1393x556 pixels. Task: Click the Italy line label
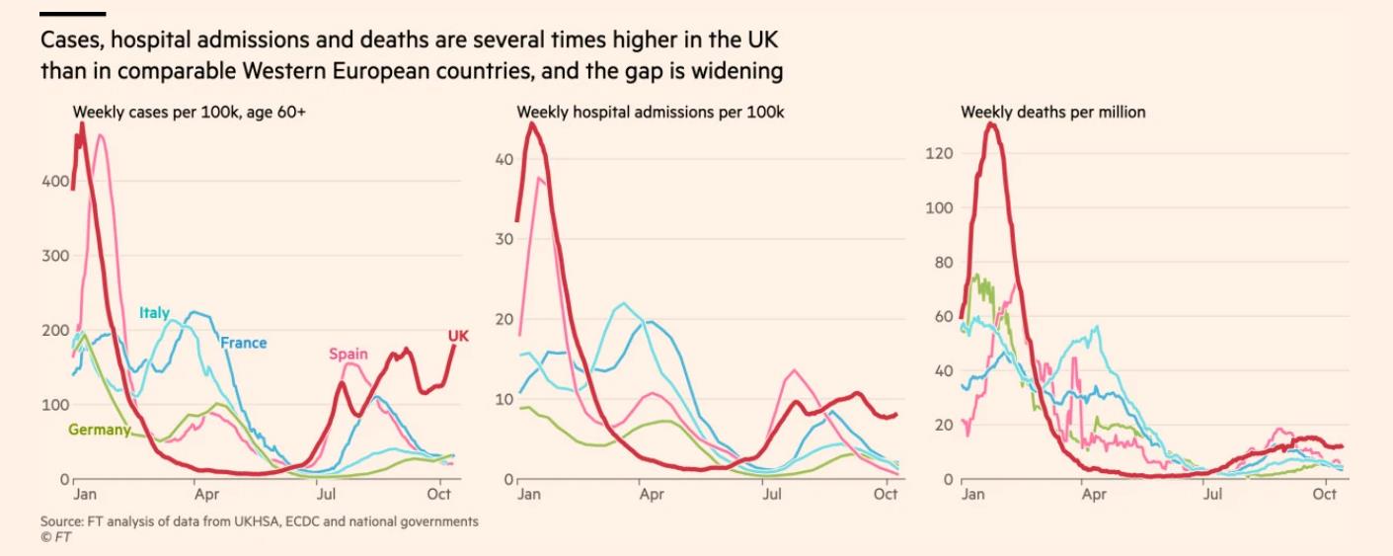tap(155, 312)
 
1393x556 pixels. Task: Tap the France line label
tap(243, 343)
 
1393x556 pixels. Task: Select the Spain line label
tap(348, 354)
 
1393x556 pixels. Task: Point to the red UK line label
tap(458, 336)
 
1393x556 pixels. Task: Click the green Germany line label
tap(99, 430)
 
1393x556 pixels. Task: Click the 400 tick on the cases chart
tap(55, 182)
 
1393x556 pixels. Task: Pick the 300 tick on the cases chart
tap(55, 256)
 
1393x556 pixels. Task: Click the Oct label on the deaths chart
tap(1324, 494)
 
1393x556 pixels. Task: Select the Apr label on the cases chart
tap(206, 494)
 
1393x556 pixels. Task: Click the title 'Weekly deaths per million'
tap(1053, 113)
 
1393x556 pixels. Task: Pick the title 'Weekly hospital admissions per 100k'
tap(651, 113)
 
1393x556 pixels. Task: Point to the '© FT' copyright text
tap(55, 537)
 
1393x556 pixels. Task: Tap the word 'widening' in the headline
tap(737, 71)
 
